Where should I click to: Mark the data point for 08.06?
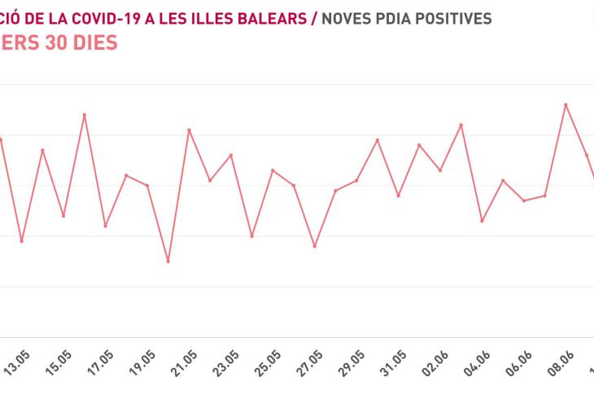coord(566,104)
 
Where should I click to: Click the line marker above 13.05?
coord(22,241)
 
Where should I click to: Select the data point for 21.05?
coord(189,129)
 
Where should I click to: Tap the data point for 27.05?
coord(315,246)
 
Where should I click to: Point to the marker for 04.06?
coord(482,221)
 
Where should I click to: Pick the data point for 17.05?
coord(105,225)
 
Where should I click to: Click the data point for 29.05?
coord(356,180)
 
